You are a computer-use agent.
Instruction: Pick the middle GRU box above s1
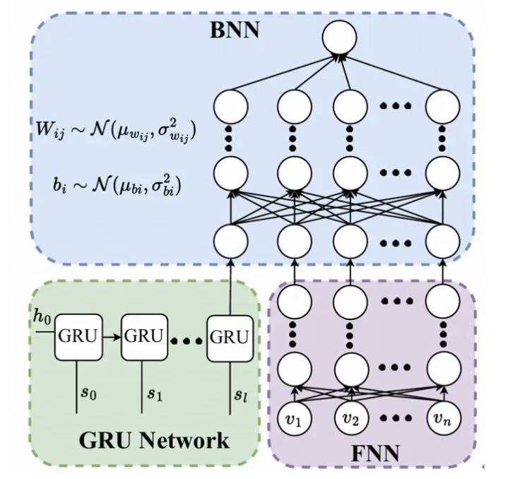(x=143, y=336)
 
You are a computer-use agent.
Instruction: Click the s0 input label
(x=88, y=394)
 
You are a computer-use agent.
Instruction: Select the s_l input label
(x=240, y=394)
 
